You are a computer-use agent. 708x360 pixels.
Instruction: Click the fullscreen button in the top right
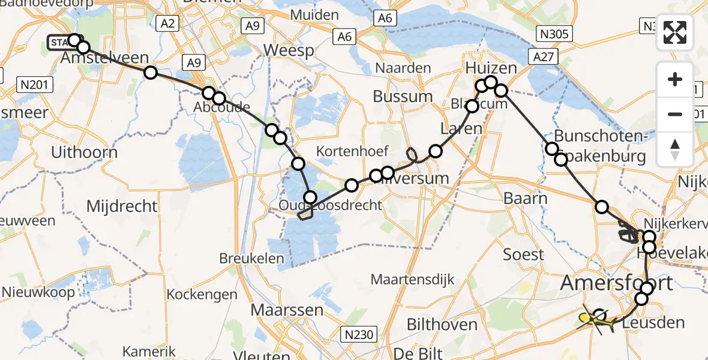click(675, 32)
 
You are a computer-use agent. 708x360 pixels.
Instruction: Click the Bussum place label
click(403, 96)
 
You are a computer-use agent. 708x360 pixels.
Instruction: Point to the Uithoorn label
click(85, 152)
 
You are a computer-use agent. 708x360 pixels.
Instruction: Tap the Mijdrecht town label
click(122, 206)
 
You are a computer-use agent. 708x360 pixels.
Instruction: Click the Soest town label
click(524, 254)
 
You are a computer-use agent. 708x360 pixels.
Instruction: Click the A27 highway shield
click(544, 56)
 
